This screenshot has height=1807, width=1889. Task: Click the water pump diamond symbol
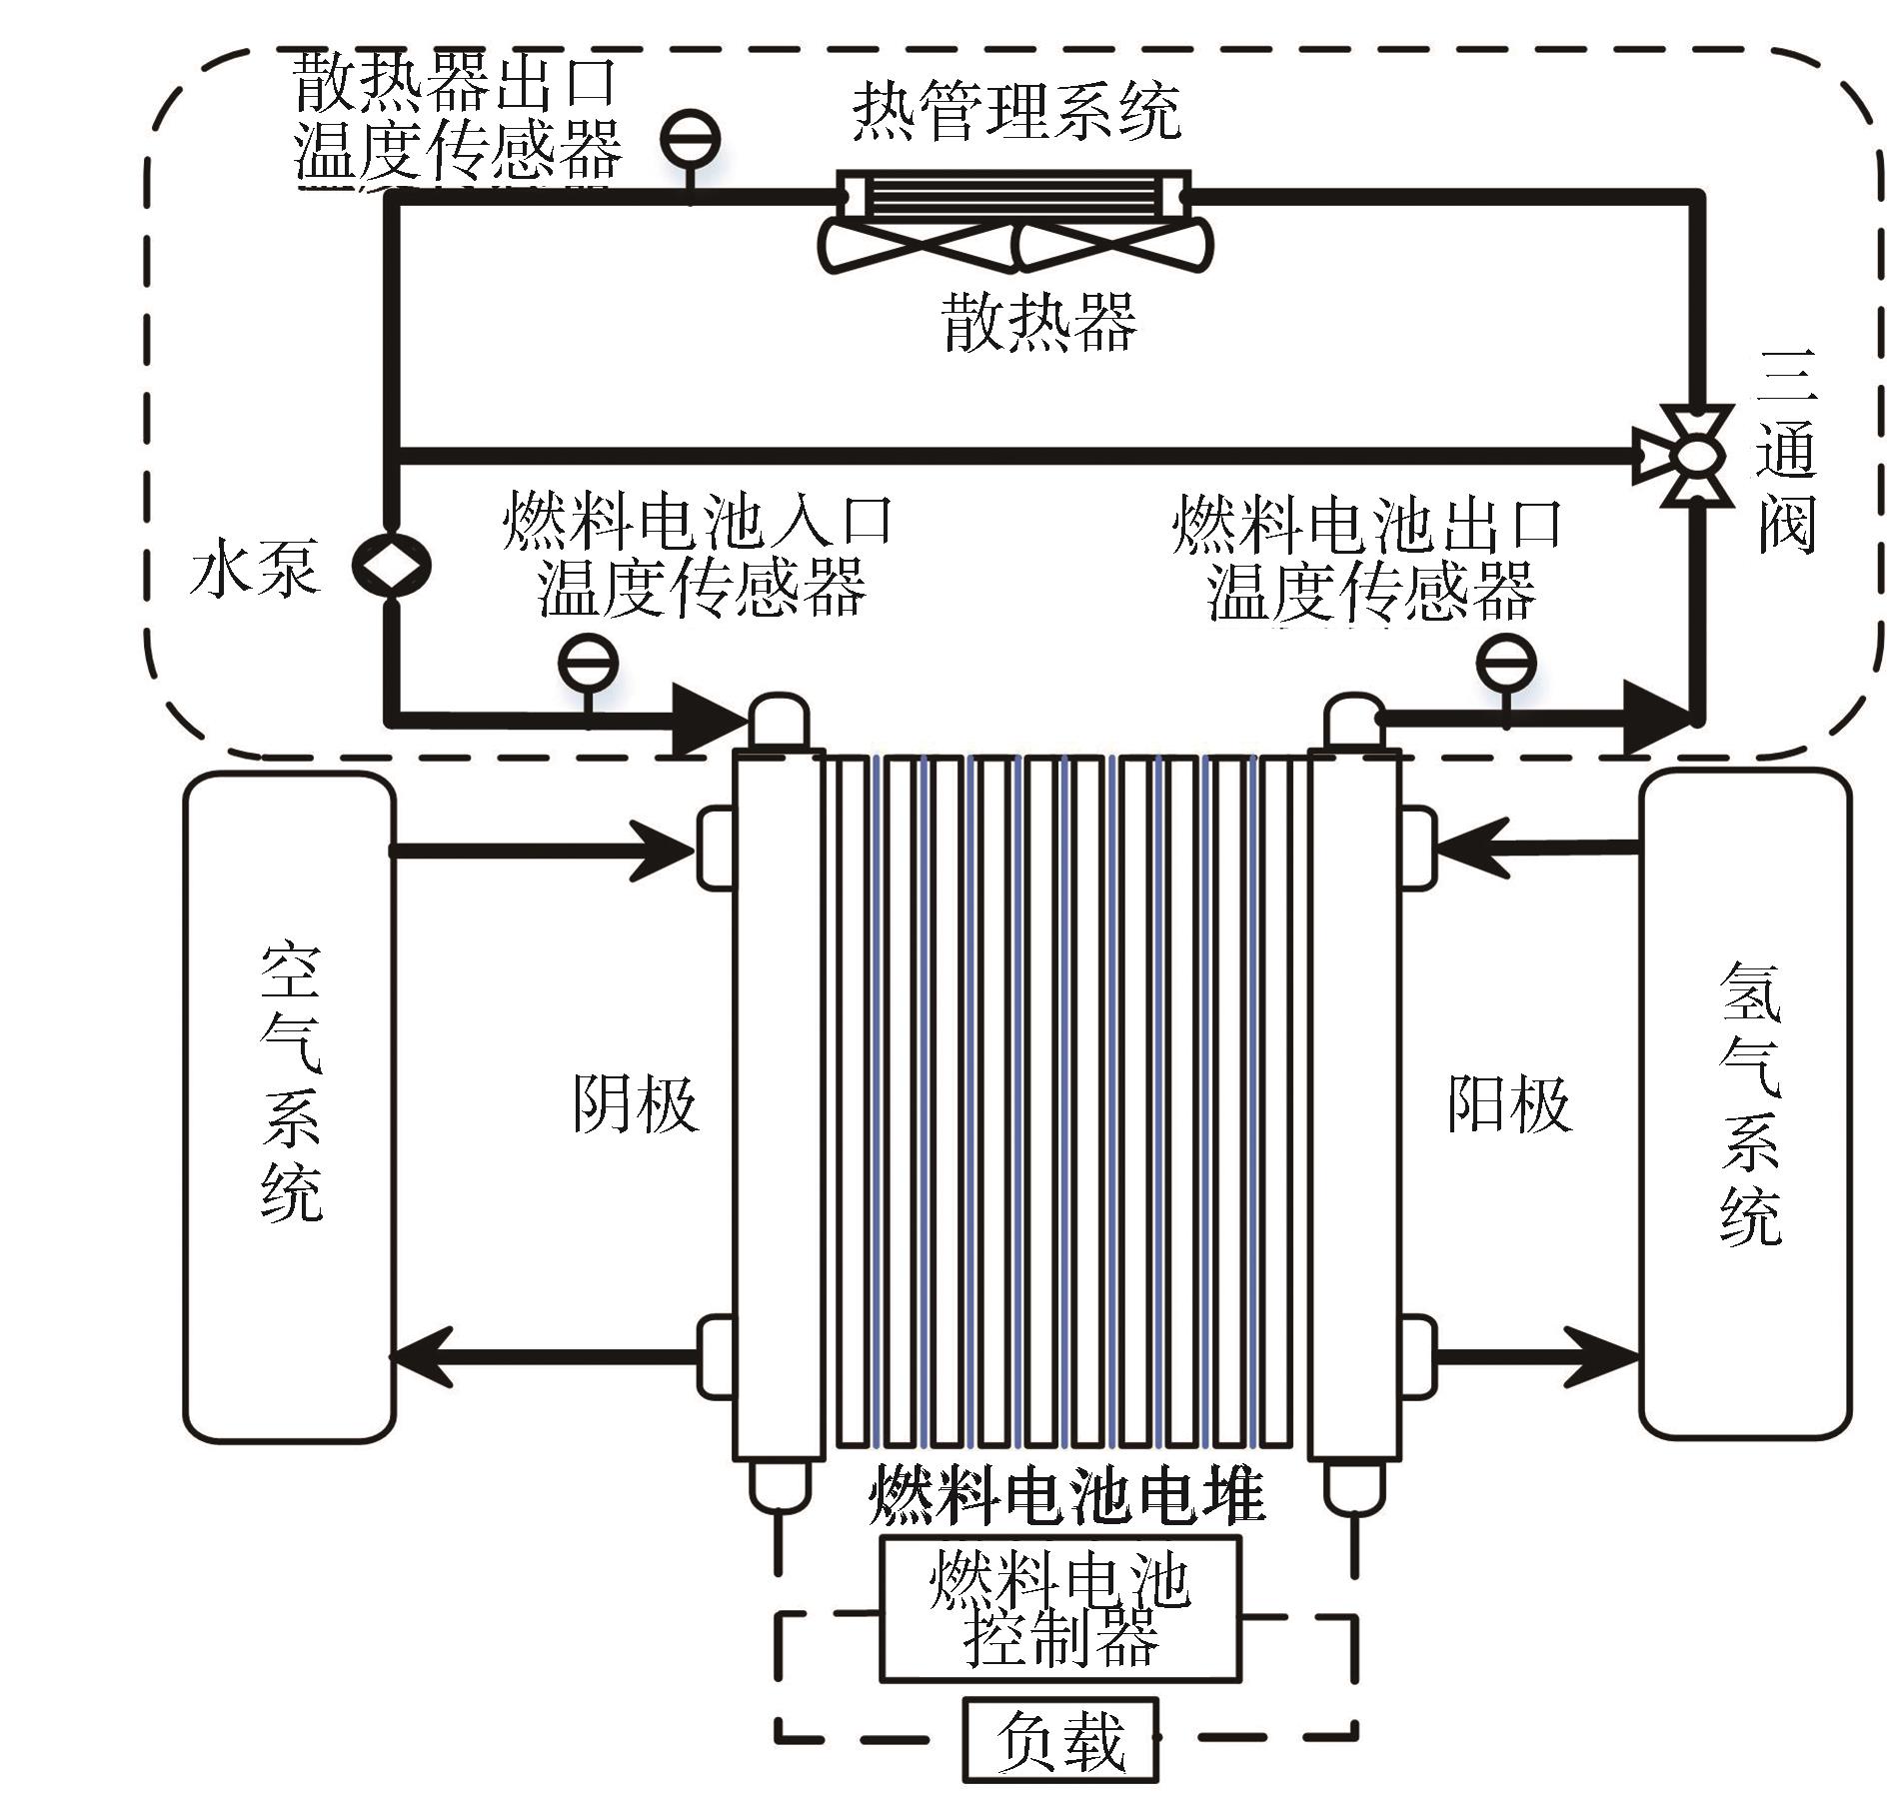coord(391,566)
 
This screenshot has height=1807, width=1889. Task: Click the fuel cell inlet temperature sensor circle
coord(588,662)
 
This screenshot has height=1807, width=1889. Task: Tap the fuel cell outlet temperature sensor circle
coord(1506,662)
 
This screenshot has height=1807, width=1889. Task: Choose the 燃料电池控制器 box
coord(1060,1608)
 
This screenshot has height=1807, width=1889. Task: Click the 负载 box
coord(1060,1740)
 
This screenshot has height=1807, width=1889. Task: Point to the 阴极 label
coord(635,1104)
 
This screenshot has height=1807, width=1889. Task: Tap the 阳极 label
coord(1509,1104)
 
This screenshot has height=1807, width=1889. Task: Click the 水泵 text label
coord(254,568)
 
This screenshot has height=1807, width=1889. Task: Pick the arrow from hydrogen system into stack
coord(1539,849)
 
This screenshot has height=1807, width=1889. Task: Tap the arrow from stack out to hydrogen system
coord(1539,1356)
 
